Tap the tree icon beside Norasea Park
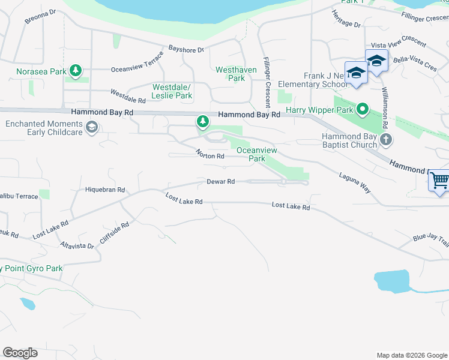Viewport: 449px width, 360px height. click(x=76, y=71)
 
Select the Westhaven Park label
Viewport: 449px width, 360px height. click(x=237, y=74)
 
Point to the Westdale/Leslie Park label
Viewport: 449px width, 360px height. click(x=172, y=91)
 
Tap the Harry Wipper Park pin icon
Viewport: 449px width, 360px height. click(x=363, y=110)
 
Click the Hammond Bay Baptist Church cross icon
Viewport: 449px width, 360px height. click(x=387, y=140)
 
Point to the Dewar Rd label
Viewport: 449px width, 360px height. click(x=220, y=182)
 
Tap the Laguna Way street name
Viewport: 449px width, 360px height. click(x=354, y=184)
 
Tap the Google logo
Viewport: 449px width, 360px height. click(x=20, y=353)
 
